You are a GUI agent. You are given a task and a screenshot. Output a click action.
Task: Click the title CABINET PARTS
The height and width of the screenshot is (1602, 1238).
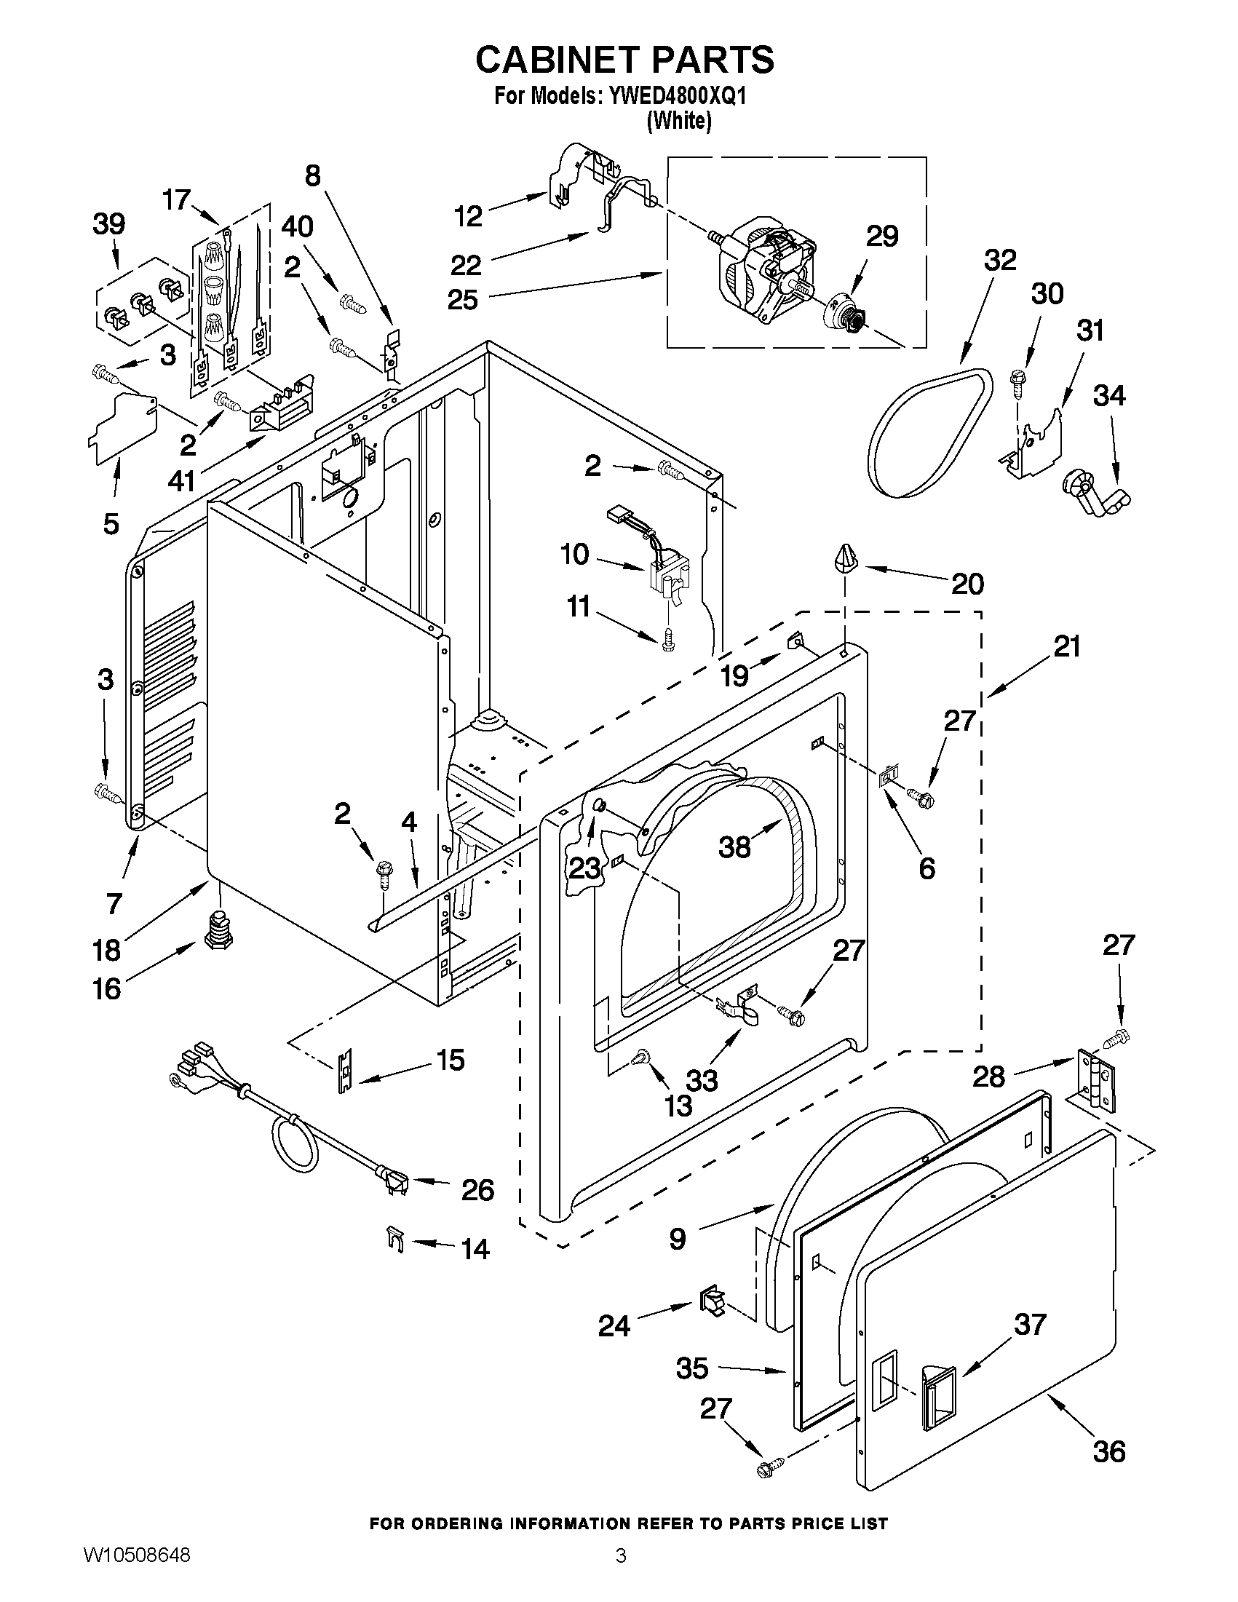624,60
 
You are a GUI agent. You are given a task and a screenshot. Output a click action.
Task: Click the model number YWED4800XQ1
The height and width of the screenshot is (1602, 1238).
672,97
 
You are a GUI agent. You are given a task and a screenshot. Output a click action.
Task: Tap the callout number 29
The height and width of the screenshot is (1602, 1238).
881,237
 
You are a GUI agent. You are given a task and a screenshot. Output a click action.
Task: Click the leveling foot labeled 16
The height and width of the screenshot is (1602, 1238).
214,929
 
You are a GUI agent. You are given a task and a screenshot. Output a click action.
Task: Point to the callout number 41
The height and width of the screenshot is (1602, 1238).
181,481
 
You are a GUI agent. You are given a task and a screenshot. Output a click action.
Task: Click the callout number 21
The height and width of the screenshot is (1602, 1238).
1067,646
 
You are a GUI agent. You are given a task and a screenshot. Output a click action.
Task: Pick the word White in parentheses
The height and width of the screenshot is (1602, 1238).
679,121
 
